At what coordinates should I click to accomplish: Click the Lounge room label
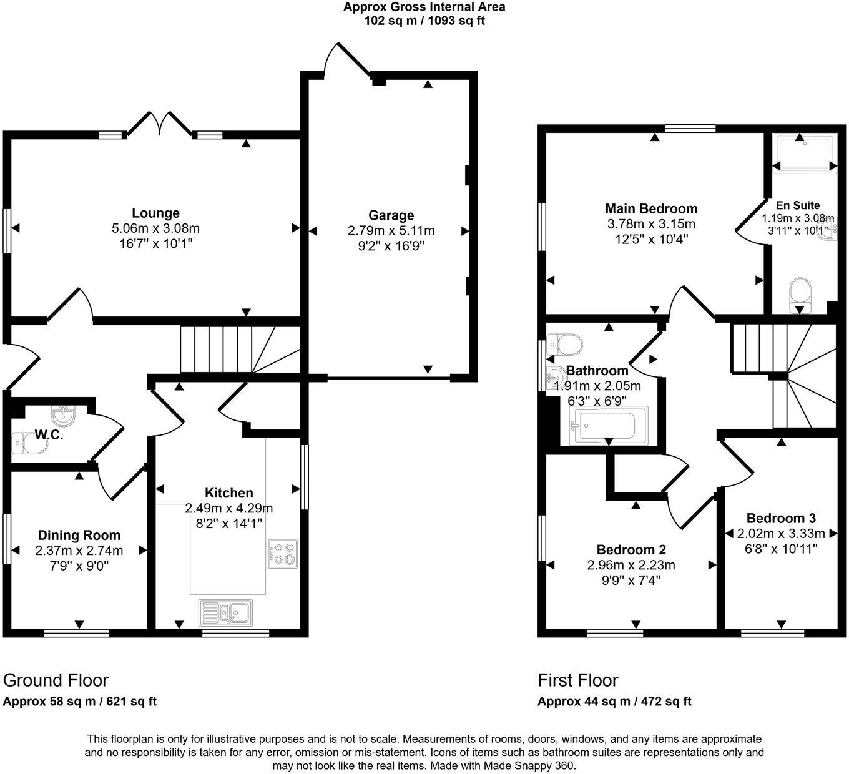pyautogui.click(x=155, y=213)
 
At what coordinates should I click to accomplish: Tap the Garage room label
pyautogui.click(x=391, y=215)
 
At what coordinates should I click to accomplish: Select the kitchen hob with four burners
pyautogui.click(x=283, y=553)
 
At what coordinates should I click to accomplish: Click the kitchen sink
pyautogui.click(x=225, y=613)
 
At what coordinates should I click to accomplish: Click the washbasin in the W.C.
pyautogui.click(x=62, y=415)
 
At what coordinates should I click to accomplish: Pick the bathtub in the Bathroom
pyautogui.click(x=604, y=426)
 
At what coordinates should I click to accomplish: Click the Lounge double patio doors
pyautogui.click(x=160, y=122)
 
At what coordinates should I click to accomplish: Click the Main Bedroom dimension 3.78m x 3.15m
pyautogui.click(x=651, y=224)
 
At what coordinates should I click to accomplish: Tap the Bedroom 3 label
pyautogui.click(x=781, y=518)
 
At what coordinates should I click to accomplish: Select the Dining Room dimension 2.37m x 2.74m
pyautogui.click(x=79, y=551)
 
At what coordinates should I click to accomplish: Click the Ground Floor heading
pyautogui.click(x=56, y=680)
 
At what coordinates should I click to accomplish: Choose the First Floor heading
pyautogui.click(x=578, y=680)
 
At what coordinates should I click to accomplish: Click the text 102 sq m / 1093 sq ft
pyautogui.click(x=424, y=21)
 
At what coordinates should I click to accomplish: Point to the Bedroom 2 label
pyautogui.click(x=631, y=549)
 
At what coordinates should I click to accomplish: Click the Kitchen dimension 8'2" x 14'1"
pyautogui.click(x=229, y=523)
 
